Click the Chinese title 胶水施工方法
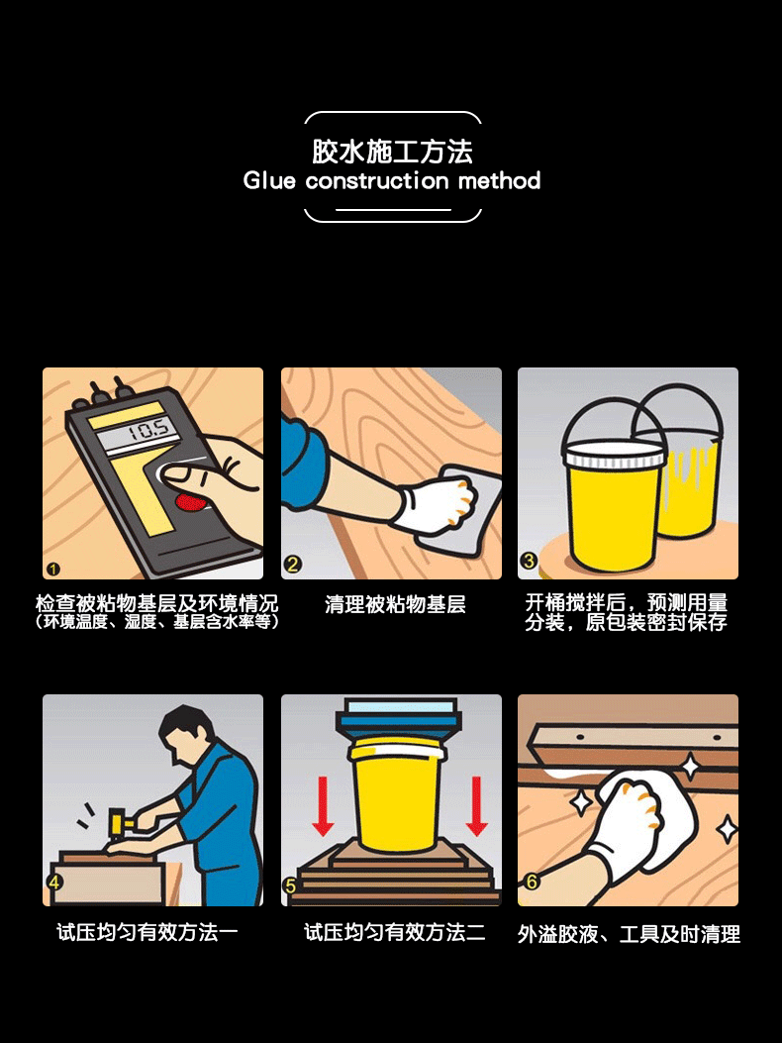392,152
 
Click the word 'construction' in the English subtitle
377,181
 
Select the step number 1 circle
53,568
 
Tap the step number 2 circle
292,566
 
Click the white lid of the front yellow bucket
614,456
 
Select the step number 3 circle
529,562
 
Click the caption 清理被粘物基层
395,604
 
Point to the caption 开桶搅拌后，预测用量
626,602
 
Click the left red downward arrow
322,803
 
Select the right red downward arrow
476,803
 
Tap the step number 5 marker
290,886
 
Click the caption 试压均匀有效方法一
147,932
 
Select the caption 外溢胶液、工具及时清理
629,934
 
